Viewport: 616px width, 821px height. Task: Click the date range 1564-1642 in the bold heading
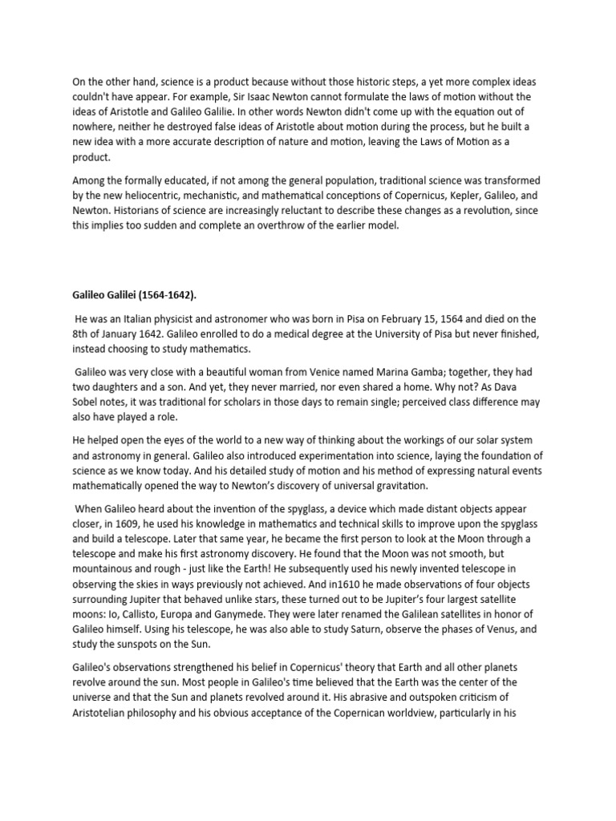click(x=170, y=294)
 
